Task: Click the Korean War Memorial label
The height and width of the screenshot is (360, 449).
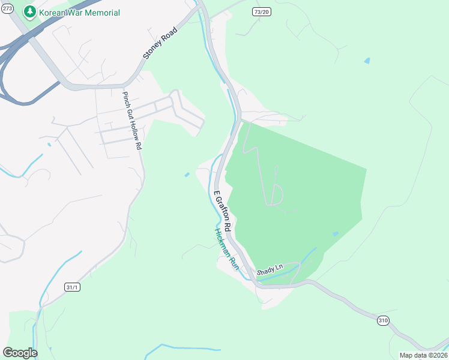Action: tap(79, 13)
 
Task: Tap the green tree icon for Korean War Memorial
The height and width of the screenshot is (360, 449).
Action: tap(30, 12)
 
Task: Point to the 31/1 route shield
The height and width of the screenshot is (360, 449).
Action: tap(72, 287)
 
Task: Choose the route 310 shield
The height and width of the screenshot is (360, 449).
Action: tap(383, 320)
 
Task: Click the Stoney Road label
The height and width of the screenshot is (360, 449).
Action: tap(161, 42)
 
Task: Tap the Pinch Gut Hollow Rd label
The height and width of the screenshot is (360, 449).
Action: tap(132, 121)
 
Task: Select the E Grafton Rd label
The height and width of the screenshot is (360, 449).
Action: tap(223, 212)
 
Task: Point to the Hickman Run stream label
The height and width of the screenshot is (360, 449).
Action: tap(226, 250)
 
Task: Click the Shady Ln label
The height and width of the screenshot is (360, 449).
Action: tap(270, 271)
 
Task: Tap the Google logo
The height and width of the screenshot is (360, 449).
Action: tap(20, 353)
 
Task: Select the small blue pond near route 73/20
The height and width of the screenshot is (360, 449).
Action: tap(367, 61)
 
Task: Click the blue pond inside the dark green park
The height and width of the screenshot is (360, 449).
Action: tap(335, 234)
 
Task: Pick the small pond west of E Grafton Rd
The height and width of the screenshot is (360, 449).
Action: tap(187, 175)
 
